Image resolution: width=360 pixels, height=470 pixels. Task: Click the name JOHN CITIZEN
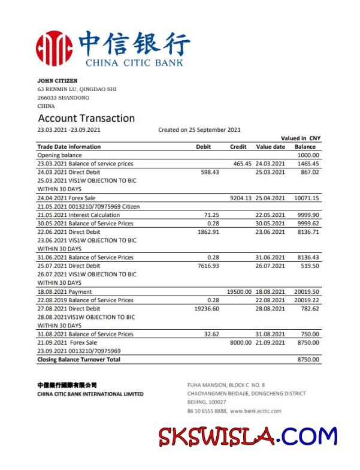(x=58, y=80)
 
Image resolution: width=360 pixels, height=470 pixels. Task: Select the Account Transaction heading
(x=86, y=118)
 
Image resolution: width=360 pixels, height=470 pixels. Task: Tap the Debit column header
(x=204, y=146)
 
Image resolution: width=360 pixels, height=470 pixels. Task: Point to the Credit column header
(x=238, y=146)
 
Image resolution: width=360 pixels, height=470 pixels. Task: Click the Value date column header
(x=271, y=146)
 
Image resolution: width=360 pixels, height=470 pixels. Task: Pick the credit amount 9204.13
(x=241, y=198)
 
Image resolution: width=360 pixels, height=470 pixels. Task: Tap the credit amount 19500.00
(x=239, y=291)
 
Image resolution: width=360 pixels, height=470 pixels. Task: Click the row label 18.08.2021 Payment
(x=65, y=291)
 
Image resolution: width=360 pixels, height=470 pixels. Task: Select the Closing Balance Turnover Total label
(x=79, y=360)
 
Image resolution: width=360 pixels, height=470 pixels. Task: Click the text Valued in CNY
(x=301, y=138)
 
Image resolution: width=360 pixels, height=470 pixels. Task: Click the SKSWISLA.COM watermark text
(x=248, y=436)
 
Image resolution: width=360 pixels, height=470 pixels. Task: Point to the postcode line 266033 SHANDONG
(x=63, y=98)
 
